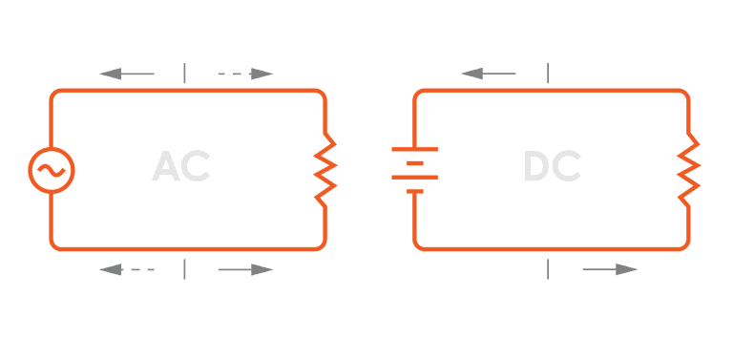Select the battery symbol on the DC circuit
coord(414,170)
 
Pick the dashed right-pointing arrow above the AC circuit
coord(245,74)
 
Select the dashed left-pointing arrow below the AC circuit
coord(127,270)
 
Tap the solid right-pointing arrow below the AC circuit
coord(245,270)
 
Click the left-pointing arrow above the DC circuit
coord(488,74)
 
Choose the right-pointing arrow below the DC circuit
coord(610,270)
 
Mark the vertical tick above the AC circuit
coord(185,74)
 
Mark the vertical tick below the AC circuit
coord(185,270)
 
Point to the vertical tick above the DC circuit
coord(548,74)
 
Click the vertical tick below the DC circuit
coord(548,270)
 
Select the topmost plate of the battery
coord(414,150)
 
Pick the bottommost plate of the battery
coord(414,191)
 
